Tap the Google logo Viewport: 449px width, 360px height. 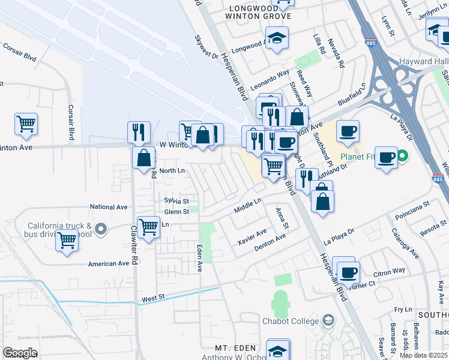(20, 352)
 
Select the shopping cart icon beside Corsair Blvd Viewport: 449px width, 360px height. (26, 124)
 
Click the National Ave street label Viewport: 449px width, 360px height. (109, 207)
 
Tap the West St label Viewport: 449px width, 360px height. (153, 298)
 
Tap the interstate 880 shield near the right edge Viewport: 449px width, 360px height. (439, 179)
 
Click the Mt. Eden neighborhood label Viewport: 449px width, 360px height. (236, 348)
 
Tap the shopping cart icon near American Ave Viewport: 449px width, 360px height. (67, 241)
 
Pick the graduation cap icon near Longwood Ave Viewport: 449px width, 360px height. (277, 38)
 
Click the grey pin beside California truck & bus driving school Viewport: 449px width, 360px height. (101, 229)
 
